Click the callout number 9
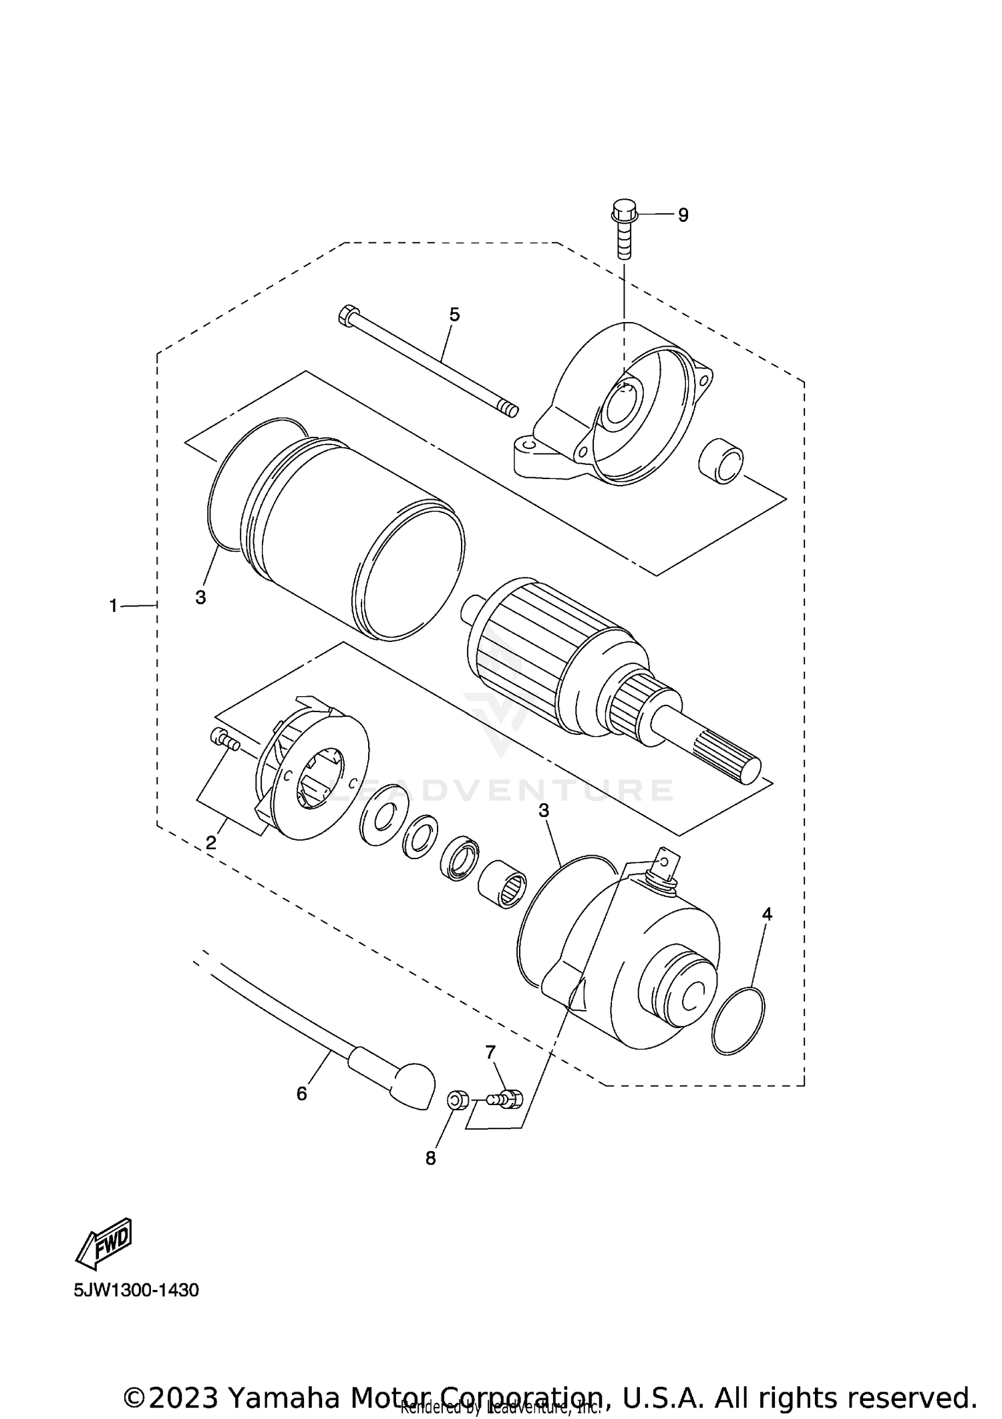pos(683,215)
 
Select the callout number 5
pos(454,315)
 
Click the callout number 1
pos(114,606)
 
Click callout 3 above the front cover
pos(544,810)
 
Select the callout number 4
pos(767,915)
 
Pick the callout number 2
pos(211,843)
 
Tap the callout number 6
pos(302,1094)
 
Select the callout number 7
pos(490,1053)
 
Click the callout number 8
pos(431,1158)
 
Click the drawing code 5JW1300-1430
pos(136,1290)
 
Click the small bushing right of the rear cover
pos(721,461)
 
